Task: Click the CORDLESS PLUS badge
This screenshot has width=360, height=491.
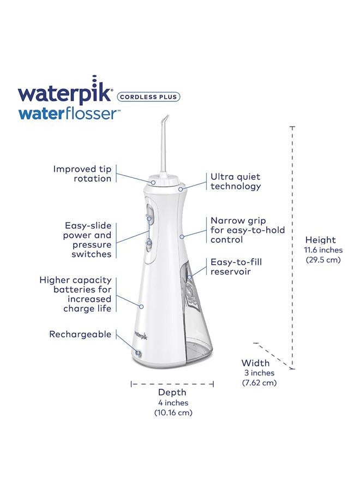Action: click(148, 97)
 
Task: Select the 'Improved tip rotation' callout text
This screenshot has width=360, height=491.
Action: click(82, 173)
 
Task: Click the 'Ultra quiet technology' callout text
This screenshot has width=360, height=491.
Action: click(236, 182)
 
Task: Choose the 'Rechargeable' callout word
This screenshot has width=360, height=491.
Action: click(80, 334)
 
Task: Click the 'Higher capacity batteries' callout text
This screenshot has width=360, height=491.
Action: click(76, 294)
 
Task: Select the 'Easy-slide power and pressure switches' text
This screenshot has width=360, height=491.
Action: click(88, 239)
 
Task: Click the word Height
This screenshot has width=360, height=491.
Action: click(321, 240)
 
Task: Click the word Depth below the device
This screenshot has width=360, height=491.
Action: click(172, 392)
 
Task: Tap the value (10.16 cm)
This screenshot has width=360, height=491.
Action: click(173, 412)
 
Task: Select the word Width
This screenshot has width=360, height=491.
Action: click(255, 363)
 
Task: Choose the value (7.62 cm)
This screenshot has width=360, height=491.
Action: click(259, 382)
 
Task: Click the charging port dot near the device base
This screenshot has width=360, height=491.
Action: click(138, 354)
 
